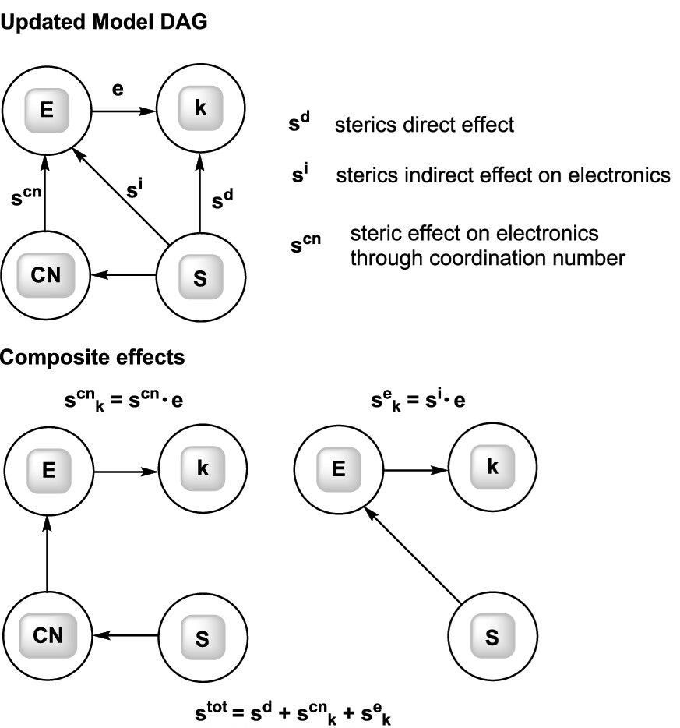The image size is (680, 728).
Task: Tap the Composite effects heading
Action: click(92, 358)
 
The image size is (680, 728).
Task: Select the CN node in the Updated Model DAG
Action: click(45, 274)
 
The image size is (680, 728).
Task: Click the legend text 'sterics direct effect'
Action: click(425, 125)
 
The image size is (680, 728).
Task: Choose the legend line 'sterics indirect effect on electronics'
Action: click(503, 175)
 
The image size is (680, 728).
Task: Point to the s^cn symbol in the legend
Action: click(305, 245)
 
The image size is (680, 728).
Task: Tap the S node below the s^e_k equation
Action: click(492, 637)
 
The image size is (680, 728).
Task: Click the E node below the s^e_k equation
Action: click(338, 471)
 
